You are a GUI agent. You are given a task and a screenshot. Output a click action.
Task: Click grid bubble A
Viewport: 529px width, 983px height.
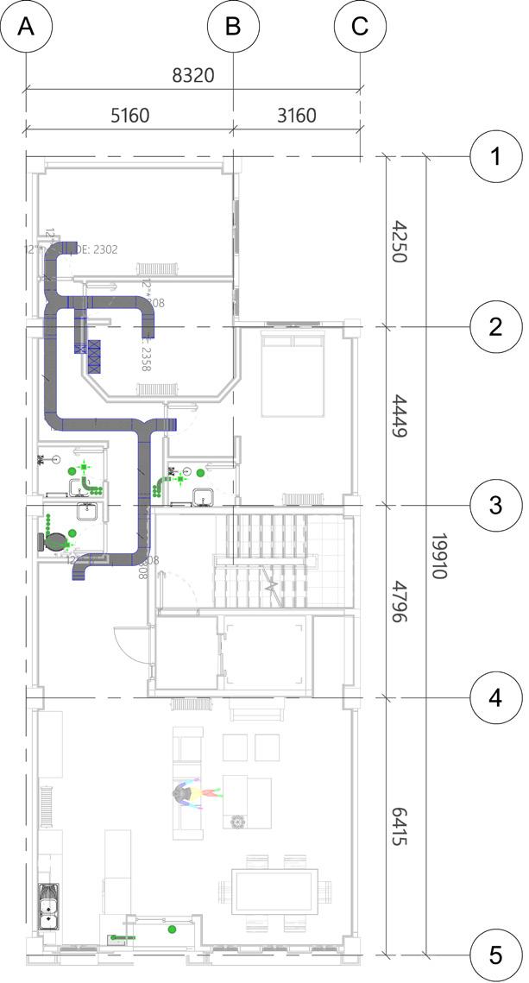point(26,27)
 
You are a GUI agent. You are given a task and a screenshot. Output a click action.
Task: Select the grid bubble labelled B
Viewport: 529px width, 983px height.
point(233,27)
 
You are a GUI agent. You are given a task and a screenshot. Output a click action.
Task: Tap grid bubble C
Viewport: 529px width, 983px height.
point(360,27)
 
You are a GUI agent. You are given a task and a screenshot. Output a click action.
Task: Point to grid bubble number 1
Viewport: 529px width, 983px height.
point(495,157)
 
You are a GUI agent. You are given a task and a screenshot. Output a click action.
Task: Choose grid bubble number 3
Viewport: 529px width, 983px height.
point(495,505)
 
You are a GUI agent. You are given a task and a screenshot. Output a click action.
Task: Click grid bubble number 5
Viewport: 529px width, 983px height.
point(495,955)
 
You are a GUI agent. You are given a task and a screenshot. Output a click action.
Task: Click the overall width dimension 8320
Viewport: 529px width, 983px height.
point(193,76)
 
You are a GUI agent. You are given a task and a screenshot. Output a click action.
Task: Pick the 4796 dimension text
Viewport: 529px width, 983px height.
point(399,602)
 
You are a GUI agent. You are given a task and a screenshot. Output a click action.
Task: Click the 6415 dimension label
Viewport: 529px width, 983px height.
point(399,826)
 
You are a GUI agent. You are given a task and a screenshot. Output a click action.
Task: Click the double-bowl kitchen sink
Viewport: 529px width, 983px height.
point(48,905)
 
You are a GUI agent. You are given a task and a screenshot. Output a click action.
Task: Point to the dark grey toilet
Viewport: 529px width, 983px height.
point(52,542)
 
